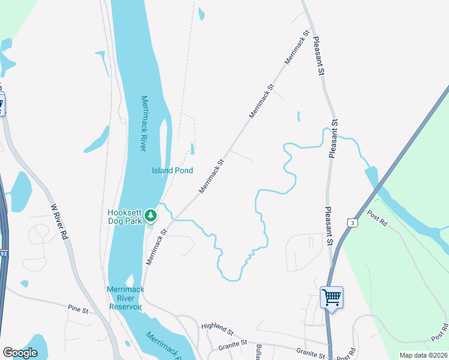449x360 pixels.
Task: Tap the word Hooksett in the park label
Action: point(124,212)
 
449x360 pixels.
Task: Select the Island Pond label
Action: point(172,170)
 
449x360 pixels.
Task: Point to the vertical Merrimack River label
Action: point(144,123)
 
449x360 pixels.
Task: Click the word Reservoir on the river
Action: point(125,307)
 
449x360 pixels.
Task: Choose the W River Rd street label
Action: point(59,221)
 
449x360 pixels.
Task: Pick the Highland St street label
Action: point(217,328)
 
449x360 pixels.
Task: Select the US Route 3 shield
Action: point(352,223)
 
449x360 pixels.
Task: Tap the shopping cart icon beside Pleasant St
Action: point(331,297)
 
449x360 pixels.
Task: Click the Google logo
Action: point(20,352)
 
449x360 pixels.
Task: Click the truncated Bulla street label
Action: point(259,352)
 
